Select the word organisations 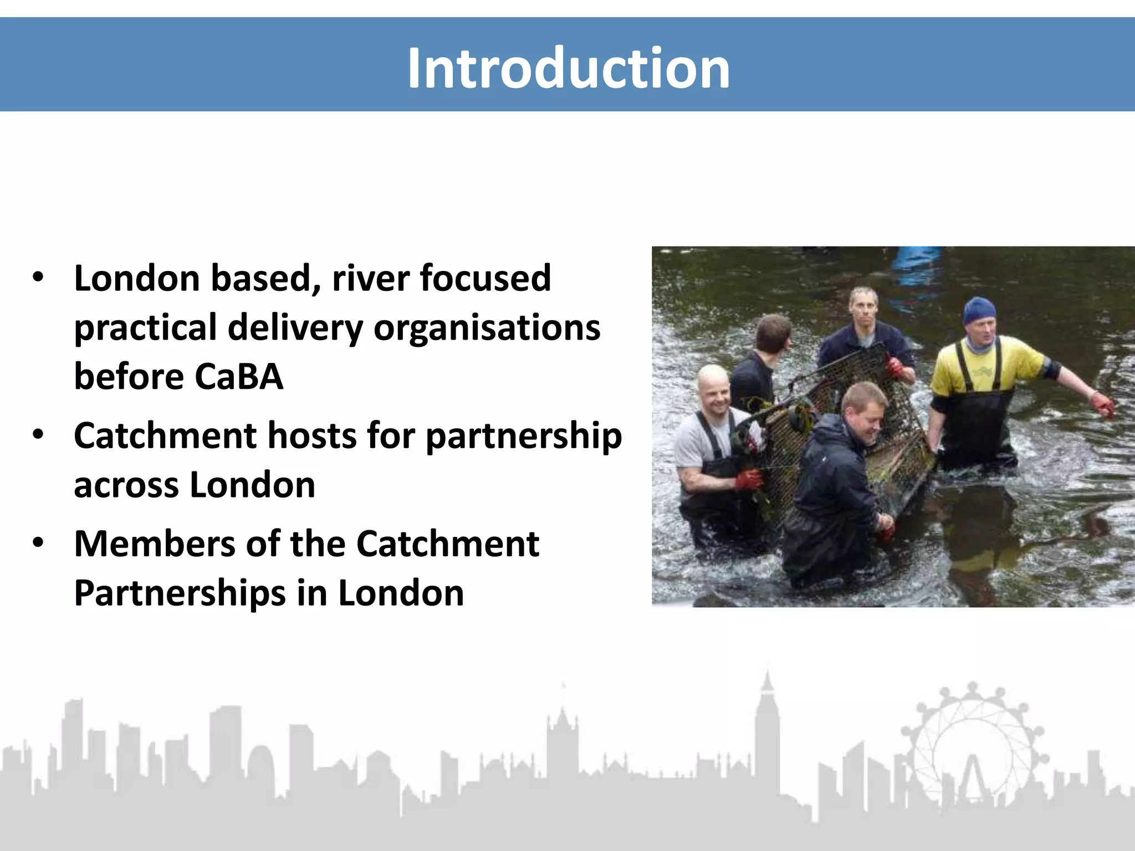tap(487, 328)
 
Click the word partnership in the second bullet tap(524, 437)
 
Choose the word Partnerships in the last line tap(180, 593)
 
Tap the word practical tap(145, 328)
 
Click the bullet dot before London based tap(38, 277)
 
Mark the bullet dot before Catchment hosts tap(38, 435)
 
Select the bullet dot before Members tap(38, 543)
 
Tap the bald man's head tap(713, 385)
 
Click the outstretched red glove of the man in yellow tap(1102, 404)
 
